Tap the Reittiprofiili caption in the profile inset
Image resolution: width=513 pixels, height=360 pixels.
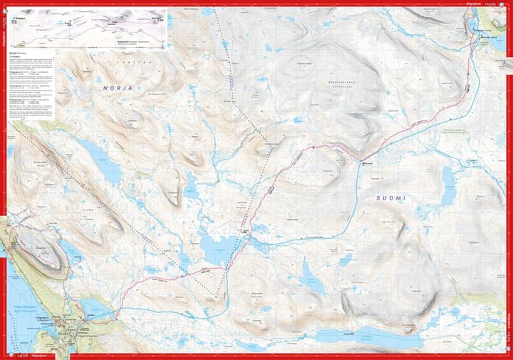[x=125, y=42]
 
